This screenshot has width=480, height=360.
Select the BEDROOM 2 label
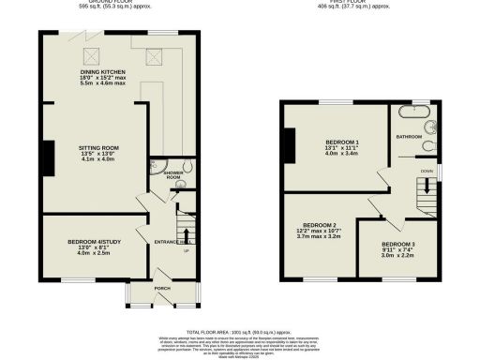[320, 225]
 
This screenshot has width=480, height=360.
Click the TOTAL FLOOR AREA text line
[240, 333]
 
